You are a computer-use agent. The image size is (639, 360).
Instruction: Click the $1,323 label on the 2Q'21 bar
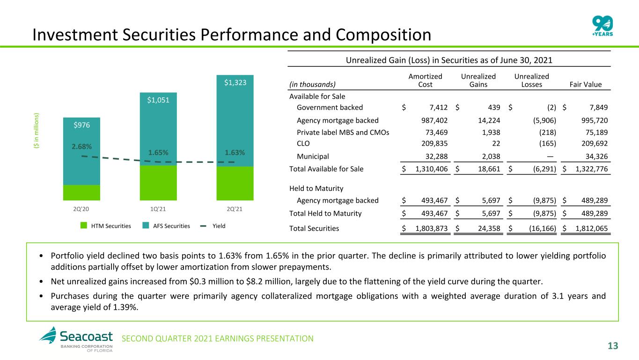235,83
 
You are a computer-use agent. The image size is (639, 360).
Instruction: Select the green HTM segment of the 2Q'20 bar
81,192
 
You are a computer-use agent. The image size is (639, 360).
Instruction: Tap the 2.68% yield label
81,147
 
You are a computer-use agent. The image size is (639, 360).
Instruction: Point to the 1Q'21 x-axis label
158,209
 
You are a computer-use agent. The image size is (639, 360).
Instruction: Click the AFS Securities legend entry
166,226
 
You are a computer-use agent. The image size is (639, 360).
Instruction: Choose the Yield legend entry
213,226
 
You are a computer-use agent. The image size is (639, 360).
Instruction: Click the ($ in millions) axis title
36,131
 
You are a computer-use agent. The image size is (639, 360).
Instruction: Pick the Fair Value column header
586,84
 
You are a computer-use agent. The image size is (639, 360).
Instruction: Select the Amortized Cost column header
426,81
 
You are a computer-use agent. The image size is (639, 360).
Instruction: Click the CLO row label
303,144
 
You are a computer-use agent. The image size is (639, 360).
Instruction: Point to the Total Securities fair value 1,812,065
592,228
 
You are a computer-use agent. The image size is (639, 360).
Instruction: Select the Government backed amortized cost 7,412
439,108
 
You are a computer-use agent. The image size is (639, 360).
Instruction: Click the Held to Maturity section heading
316,189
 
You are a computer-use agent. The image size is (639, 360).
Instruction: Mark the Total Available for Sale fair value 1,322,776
592,169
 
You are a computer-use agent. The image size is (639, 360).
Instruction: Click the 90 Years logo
602,26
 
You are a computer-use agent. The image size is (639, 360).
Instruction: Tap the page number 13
613,346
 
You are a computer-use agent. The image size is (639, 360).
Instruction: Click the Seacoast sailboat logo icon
48,335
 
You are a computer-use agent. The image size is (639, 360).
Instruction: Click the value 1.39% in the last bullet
125,307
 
